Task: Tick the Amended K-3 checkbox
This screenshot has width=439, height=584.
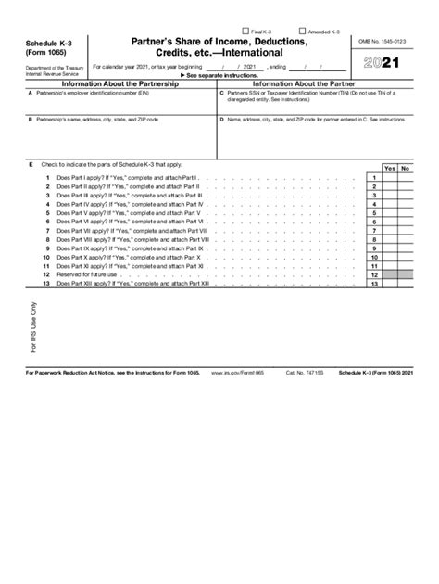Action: point(302,31)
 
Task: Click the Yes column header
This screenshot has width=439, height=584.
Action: point(389,168)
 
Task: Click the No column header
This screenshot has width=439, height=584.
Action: point(405,168)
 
